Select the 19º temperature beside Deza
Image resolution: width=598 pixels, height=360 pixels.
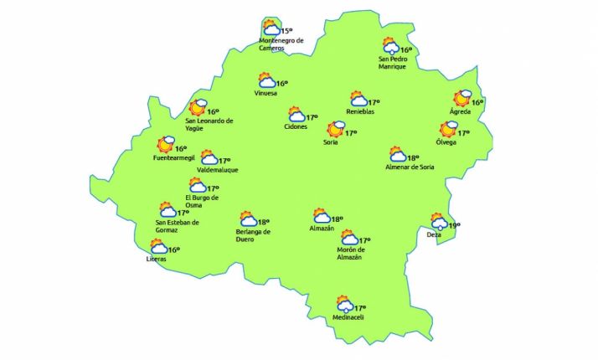click(455, 225)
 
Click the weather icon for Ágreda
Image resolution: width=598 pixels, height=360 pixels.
click(462, 100)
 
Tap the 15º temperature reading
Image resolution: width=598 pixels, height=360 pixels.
click(286, 31)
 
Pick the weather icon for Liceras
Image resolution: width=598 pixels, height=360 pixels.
click(157, 247)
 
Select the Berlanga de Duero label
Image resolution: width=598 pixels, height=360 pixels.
click(252, 235)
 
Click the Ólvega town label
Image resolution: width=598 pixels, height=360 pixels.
click(446, 142)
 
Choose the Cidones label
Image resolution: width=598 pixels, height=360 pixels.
click(296, 126)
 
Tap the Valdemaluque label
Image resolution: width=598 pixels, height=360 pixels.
click(217, 170)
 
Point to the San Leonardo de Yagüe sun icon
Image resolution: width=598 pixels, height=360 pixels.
click(198, 107)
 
